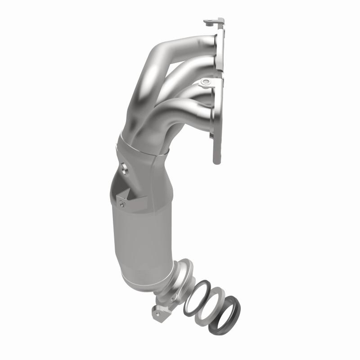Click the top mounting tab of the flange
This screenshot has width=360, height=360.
click(x=214, y=21)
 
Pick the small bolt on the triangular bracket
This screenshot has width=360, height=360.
click(x=121, y=203)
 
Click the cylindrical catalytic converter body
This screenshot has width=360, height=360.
click(x=139, y=238)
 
